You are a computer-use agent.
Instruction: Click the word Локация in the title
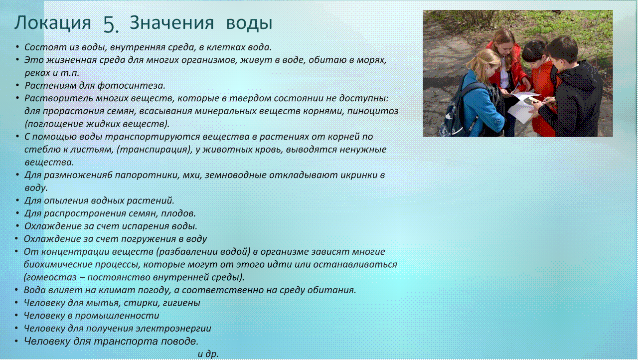click(53, 23)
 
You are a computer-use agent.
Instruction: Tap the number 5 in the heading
click(111, 24)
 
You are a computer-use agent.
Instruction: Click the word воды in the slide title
click(249, 23)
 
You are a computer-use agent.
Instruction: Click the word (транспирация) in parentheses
click(155, 150)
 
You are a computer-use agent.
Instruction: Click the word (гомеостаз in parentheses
click(50, 277)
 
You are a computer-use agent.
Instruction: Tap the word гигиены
click(181, 303)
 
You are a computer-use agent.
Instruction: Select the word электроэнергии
click(173, 329)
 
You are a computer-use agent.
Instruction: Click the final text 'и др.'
click(208, 354)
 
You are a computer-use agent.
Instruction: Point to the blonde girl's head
click(484, 64)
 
